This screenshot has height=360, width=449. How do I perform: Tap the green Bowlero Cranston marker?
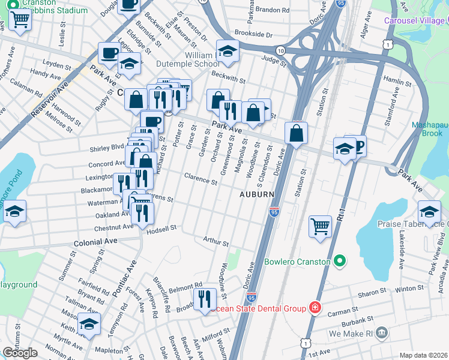(x=340, y=262)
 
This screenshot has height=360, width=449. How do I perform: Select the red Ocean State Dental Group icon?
(x=314, y=308)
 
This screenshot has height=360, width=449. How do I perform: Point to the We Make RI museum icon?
(x=384, y=333)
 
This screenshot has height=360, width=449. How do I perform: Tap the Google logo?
(x=20, y=353)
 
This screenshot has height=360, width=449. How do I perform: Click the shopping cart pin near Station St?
(x=321, y=227)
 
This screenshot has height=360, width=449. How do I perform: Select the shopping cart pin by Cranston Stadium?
(x=20, y=19)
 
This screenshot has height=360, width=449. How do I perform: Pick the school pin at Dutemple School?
(x=228, y=52)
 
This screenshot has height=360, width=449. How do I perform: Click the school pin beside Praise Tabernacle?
(x=429, y=212)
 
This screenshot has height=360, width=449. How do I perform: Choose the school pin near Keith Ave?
(x=89, y=325)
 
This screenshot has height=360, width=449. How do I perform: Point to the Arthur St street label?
(x=216, y=242)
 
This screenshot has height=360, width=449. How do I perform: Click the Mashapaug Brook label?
(x=430, y=130)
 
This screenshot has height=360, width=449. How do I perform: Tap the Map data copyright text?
(x=423, y=355)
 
